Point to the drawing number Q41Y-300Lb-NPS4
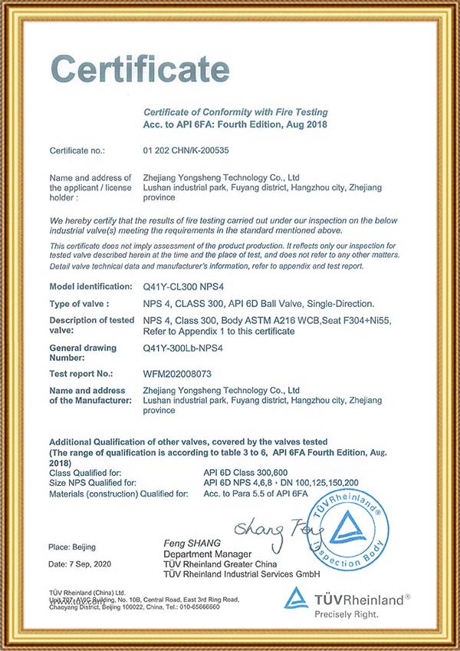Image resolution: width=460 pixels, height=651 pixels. coord(182,348)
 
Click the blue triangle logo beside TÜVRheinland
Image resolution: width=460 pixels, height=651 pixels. coord(297,599)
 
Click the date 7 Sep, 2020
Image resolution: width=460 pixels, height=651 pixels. coord(80,565)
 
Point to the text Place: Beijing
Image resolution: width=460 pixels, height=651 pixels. coord(72,546)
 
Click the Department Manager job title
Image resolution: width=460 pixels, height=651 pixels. coord(207,554)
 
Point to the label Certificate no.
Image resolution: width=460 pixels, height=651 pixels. coord(77,150)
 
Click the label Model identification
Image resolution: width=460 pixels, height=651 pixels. coord(90,286)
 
